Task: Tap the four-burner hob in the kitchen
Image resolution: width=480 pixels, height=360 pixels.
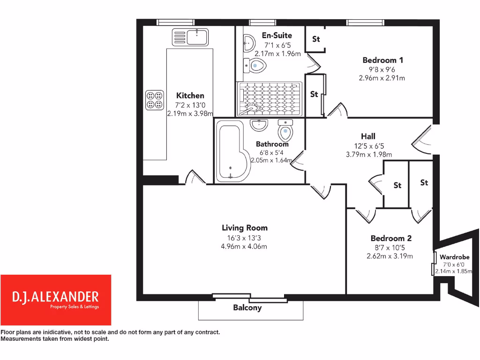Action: point(154,99)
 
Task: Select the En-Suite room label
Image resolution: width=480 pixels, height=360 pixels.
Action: point(277,35)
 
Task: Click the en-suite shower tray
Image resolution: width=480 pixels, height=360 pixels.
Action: point(270,98)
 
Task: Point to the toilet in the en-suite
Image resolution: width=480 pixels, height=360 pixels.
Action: point(254,67)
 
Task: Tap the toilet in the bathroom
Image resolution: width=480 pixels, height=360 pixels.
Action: point(285,130)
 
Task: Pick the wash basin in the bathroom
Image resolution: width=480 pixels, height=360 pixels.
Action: point(259,125)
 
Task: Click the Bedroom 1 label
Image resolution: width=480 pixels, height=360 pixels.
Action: point(382,60)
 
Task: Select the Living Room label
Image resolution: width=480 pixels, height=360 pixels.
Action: point(245,228)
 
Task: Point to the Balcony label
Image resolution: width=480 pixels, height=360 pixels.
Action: point(247,307)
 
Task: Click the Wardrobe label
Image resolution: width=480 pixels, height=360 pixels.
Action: point(454,257)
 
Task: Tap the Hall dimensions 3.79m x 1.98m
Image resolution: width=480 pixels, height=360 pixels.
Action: point(368,154)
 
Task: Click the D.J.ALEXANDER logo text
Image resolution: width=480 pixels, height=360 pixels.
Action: point(55,296)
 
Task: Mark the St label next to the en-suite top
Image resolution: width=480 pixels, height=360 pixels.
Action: point(316,39)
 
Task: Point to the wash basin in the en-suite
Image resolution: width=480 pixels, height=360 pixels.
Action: point(248,44)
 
